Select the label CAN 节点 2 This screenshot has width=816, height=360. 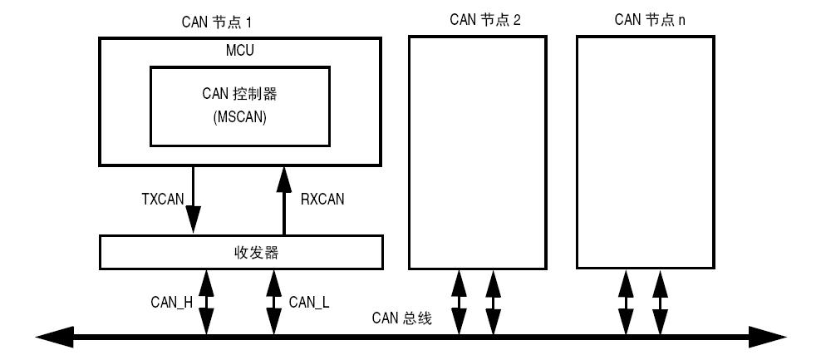coord(486,20)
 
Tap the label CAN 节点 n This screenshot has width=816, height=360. coord(650,20)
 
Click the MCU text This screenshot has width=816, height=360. coord(240,51)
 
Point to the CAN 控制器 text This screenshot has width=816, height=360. coord(240,92)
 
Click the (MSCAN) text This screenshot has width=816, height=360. coord(240,118)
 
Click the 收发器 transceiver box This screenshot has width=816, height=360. coord(241,253)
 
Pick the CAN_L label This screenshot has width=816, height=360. coord(309,303)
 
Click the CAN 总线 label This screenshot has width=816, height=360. coord(401,318)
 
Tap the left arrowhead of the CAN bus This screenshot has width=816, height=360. coord(52,338)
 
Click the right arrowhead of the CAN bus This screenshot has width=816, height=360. coord(769,338)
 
